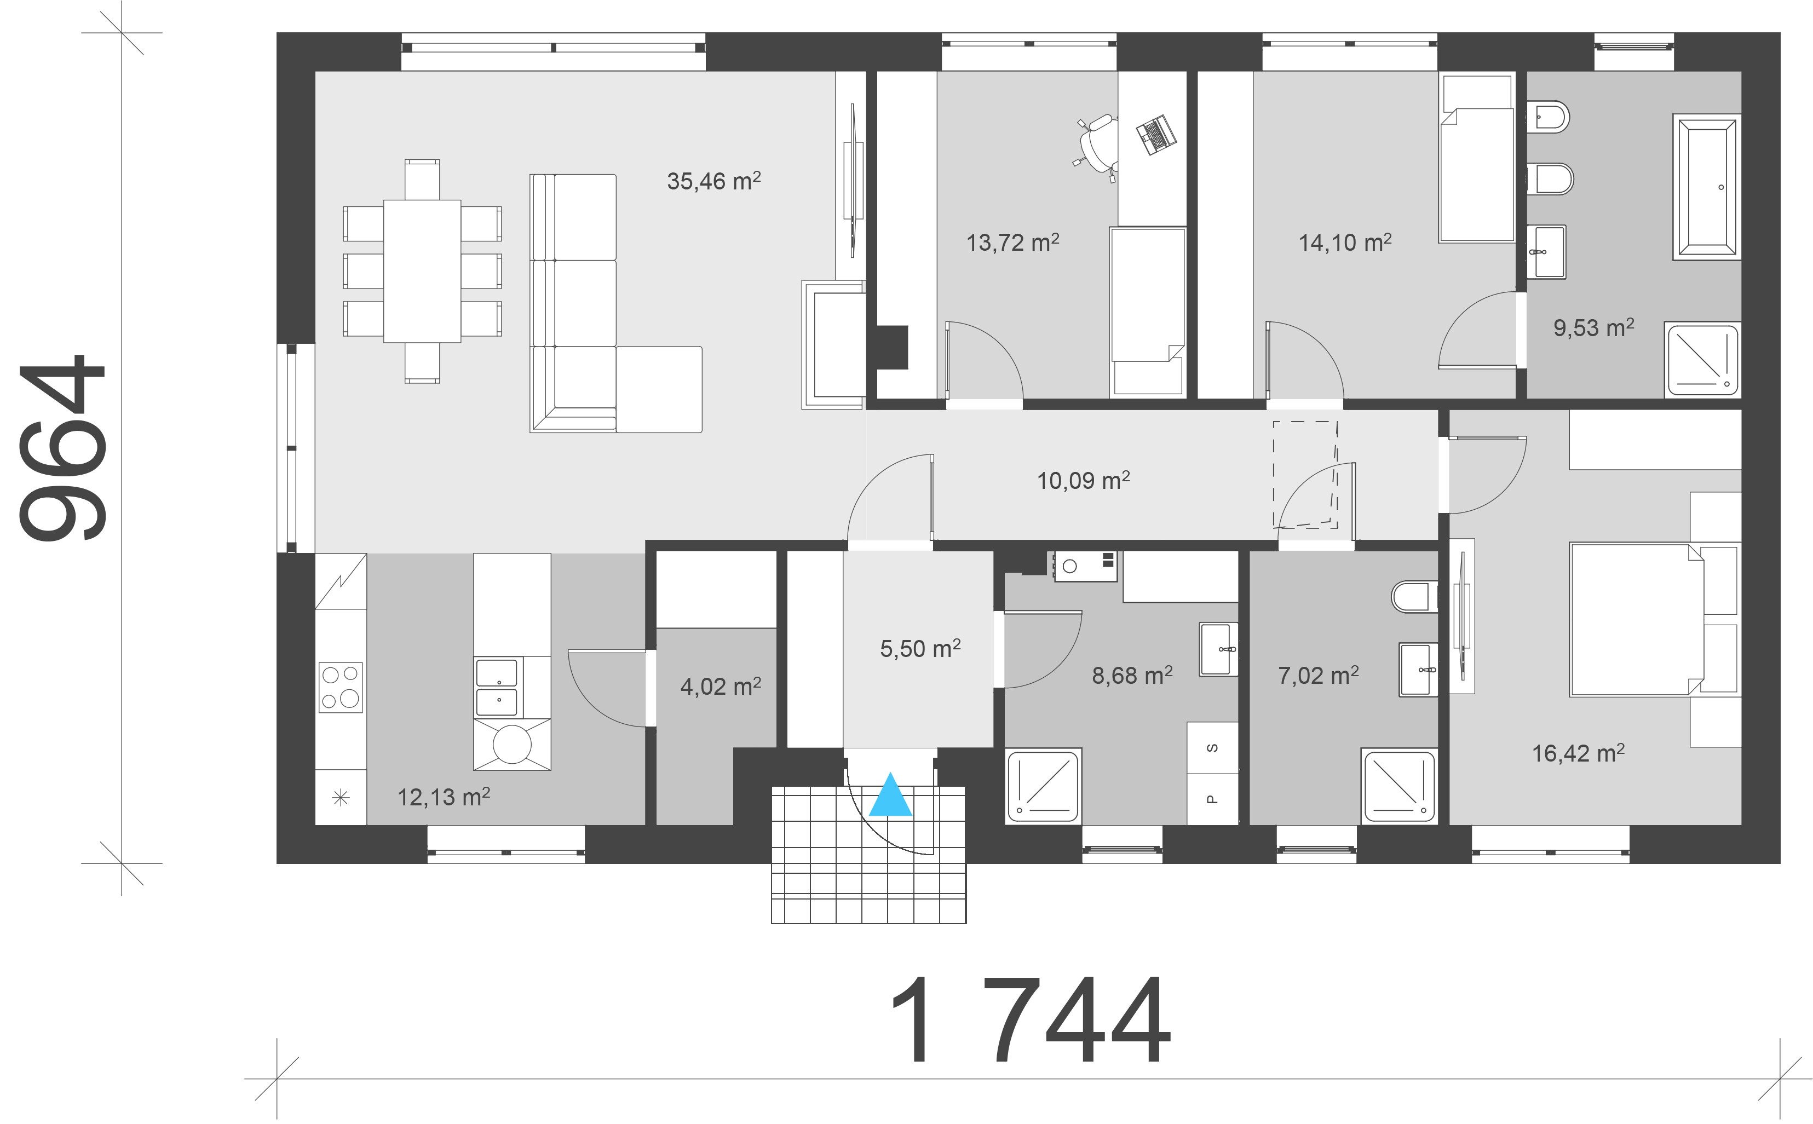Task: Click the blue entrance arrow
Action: [x=890, y=796]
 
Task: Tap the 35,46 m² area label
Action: [x=713, y=181]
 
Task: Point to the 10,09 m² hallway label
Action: [x=1083, y=480]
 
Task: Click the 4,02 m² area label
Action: [x=720, y=685]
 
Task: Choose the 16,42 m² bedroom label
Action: [x=1578, y=753]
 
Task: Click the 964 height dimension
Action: [x=62, y=448]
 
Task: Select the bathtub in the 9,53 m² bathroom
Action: [x=1706, y=187]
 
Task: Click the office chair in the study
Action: [x=1096, y=148]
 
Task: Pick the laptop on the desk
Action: [x=1155, y=135]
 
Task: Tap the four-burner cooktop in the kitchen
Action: [x=341, y=687]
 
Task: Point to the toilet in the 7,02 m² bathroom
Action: [x=1414, y=596]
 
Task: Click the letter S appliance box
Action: [x=1212, y=747]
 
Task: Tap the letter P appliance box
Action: [x=1212, y=799]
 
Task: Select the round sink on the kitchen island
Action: [x=512, y=743]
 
